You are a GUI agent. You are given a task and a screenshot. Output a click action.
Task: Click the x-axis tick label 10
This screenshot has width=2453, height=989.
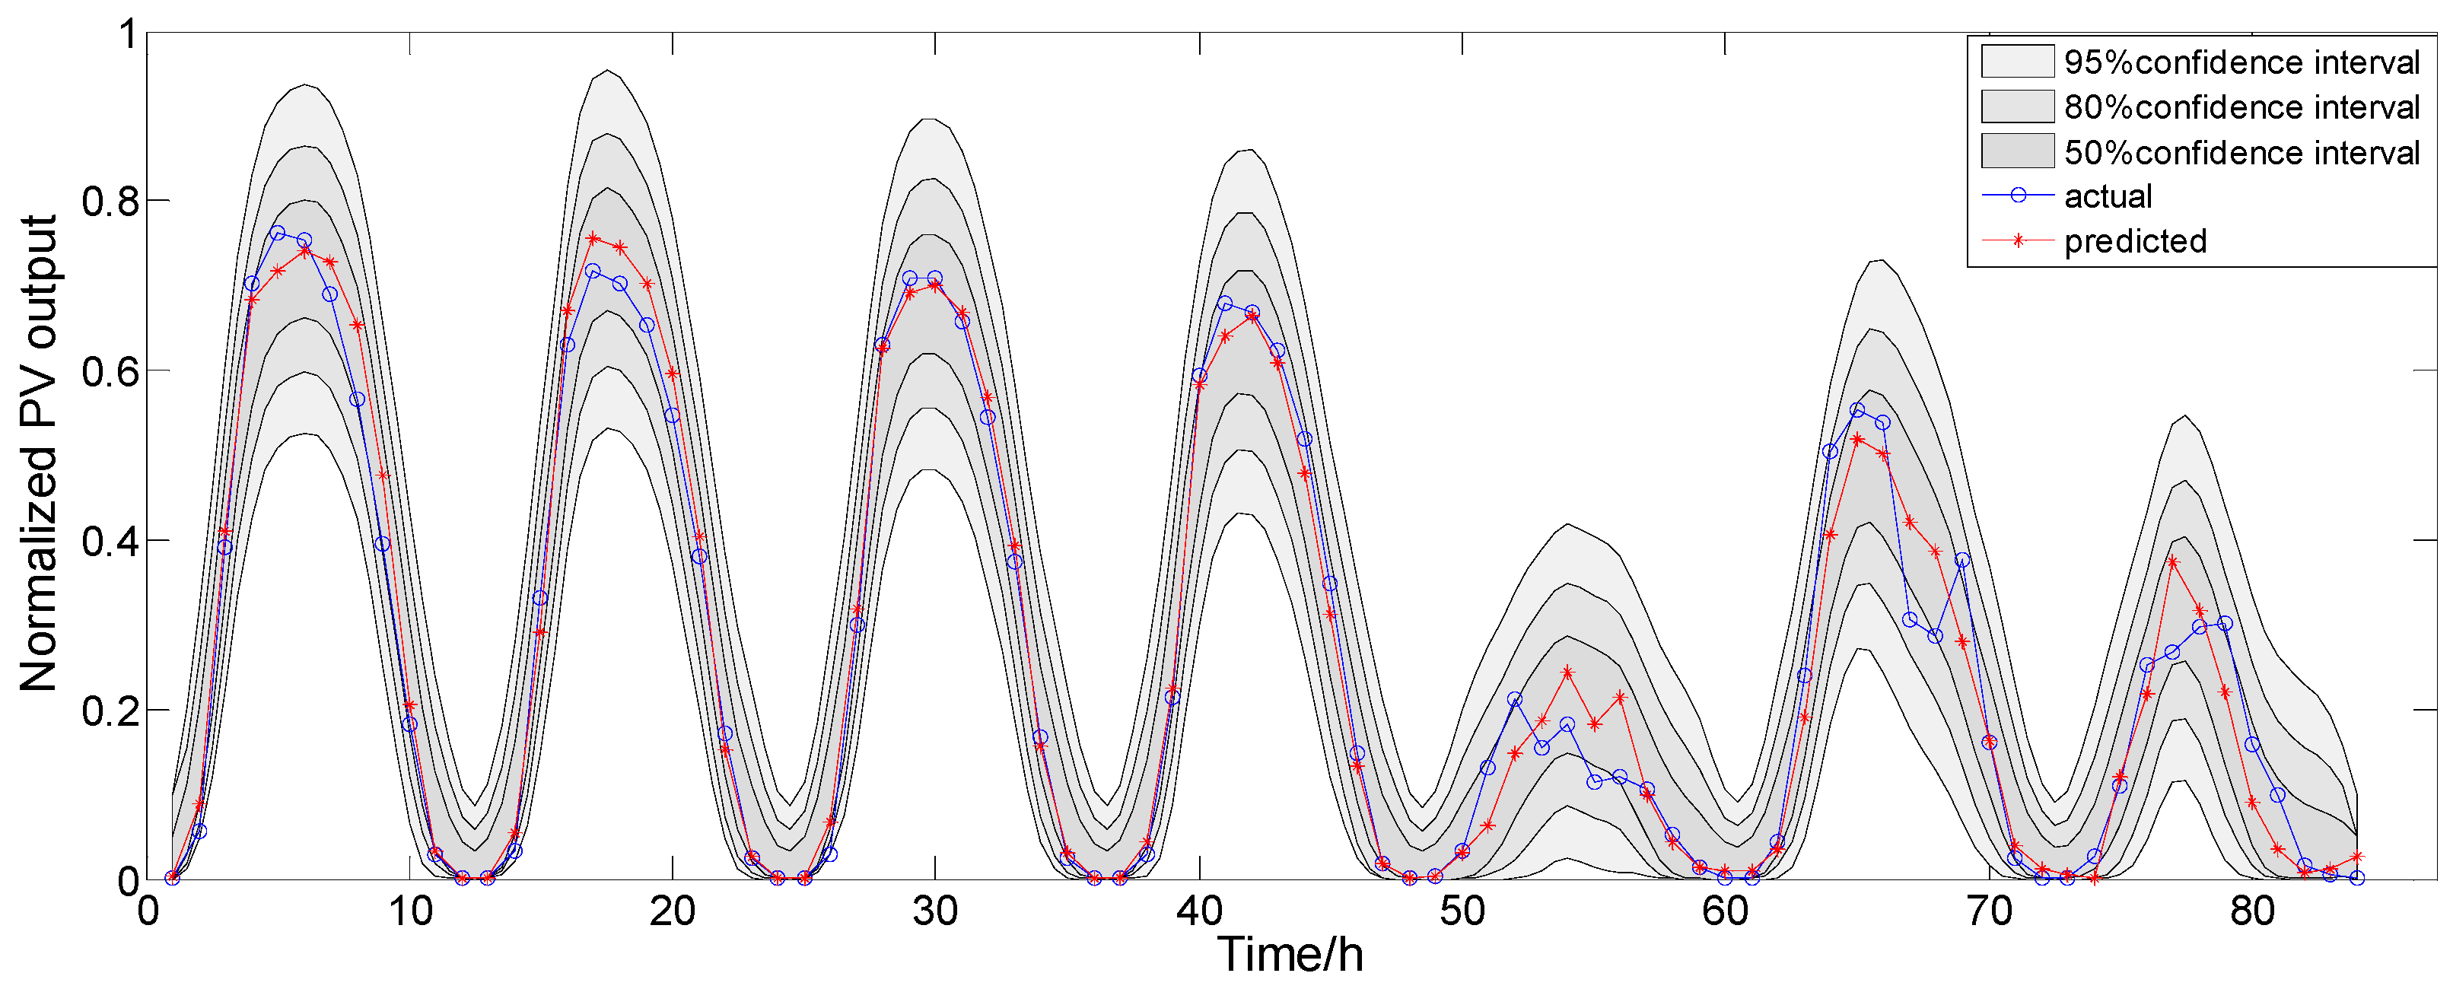coord(410,912)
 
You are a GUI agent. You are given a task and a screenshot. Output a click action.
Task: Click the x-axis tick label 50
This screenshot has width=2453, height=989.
coord(1462,912)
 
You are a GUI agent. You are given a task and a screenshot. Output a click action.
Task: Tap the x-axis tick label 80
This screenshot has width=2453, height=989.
coord(2252,912)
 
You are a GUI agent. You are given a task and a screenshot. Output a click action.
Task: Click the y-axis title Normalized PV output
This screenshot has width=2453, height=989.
coord(40,453)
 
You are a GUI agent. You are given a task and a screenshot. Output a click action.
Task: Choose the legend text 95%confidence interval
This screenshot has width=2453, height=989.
coord(2241,63)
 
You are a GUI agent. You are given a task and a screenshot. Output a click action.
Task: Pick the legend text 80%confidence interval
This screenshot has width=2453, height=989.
coord(2241,107)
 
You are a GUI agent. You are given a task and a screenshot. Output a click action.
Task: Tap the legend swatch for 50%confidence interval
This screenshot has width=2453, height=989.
coord(2017,151)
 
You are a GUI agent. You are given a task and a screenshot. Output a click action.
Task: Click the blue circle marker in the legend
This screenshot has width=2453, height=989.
coord(2017,195)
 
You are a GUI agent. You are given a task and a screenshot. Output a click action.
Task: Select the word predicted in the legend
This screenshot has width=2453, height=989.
coord(2135,241)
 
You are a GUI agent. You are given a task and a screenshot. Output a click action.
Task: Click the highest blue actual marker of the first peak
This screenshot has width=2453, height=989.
coord(278,234)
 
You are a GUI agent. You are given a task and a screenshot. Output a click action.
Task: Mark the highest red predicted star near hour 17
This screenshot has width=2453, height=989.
coord(593,238)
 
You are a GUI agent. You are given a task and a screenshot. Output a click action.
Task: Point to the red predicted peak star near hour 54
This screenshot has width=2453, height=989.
coord(1567,672)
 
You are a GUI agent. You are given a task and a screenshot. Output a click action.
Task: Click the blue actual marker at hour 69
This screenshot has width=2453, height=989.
coord(1961,561)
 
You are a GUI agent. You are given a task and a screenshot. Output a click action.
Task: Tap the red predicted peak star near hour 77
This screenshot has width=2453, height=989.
coord(2172,561)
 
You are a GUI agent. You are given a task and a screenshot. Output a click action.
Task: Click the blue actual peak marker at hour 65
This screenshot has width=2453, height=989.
coord(1857,410)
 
